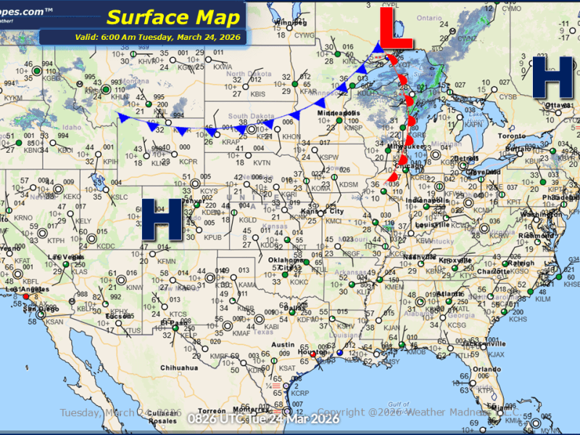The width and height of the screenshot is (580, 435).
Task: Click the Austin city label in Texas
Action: click(x=284, y=345)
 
